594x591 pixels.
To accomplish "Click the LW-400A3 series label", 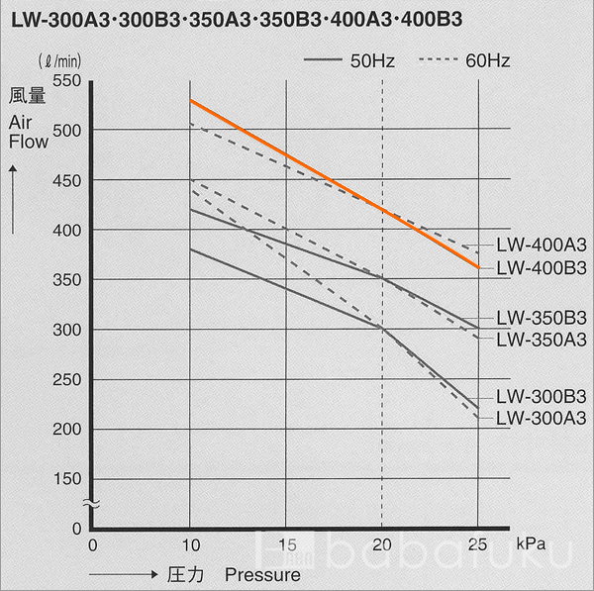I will pyautogui.click(x=541, y=245).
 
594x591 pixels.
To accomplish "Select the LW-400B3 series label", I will pyautogui.click(x=541, y=267).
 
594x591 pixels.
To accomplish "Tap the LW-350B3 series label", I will pyautogui.click(x=541, y=318).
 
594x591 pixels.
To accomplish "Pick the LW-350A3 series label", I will pyautogui.click(x=541, y=340).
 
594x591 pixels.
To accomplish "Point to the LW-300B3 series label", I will pyautogui.click(x=541, y=396).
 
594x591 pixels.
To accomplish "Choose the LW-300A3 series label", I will pyautogui.click(x=541, y=418).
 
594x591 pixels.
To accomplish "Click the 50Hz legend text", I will pyautogui.click(x=372, y=61).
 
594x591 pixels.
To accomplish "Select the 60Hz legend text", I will pyautogui.click(x=487, y=61).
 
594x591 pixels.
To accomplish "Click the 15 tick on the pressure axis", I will pyautogui.click(x=286, y=543).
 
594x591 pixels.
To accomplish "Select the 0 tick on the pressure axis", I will pyautogui.click(x=92, y=543).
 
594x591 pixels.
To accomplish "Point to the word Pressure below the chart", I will pyautogui.click(x=261, y=573).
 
